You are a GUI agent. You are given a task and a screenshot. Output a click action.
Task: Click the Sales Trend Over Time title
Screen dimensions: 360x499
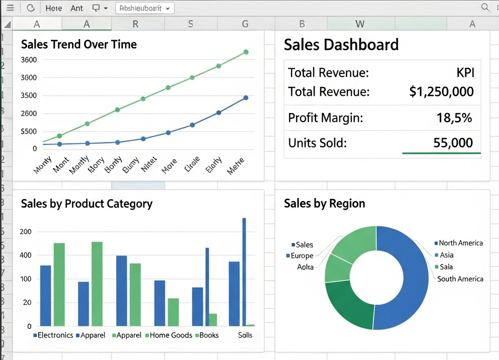(x=78, y=44)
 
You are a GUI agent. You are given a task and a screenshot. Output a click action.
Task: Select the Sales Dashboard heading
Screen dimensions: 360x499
(x=341, y=45)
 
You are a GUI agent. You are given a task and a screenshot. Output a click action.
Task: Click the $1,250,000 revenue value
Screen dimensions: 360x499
(x=441, y=92)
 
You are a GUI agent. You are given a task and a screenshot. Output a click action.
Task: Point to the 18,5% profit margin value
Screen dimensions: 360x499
(x=454, y=118)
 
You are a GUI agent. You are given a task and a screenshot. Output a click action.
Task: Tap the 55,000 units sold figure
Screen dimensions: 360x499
(x=453, y=143)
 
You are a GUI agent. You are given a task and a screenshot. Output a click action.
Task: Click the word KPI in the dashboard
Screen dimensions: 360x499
(x=465, y=73)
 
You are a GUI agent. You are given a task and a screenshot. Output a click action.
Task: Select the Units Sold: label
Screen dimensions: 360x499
(x=317, y=143)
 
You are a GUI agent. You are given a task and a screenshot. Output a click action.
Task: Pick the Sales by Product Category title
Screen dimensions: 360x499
(x=86, y=204)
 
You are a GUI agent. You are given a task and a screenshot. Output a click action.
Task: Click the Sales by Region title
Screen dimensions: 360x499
(x=324, y=204)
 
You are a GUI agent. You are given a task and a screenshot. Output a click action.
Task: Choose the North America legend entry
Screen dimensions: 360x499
(x=460, y=243)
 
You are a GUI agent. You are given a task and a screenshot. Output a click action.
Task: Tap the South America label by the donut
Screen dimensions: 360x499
(x=460, y=279)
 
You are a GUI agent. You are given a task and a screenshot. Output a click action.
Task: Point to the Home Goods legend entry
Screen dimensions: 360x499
(x=170, y=335)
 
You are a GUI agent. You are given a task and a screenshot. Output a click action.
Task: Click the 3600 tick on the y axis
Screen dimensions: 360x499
(x=29, y=60)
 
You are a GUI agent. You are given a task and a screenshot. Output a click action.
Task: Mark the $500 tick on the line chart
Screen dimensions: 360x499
(x=29, y=131)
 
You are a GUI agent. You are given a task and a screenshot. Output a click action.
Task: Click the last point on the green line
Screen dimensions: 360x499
(x=246, y=52)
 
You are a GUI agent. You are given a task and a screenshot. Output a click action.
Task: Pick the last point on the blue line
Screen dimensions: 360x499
(x=246, y=98)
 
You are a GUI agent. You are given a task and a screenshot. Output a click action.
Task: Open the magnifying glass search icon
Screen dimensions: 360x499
(x=485, y=8)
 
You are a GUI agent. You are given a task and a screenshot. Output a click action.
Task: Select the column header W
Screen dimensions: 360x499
(x=360, y=24)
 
